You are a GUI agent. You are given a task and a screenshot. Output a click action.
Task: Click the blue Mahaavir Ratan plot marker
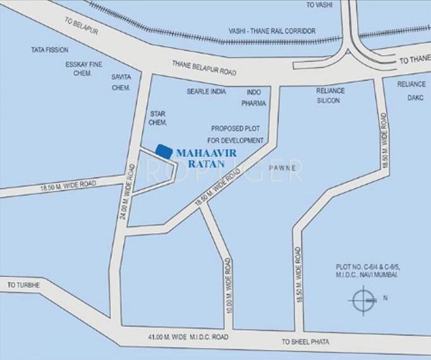[x=164, y=151]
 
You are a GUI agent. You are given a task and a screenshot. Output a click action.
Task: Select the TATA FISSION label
[x=51, y=49]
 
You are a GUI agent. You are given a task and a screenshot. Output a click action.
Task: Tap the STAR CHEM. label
[x=157, y=120]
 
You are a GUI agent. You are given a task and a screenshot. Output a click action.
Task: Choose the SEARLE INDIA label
[x=206, y=91]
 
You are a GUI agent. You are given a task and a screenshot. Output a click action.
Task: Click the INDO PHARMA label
[x=256, y=97]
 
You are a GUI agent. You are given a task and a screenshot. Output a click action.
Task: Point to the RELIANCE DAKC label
[x=411, y=90]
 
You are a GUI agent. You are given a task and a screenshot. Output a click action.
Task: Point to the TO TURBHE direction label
[x=23, y=285]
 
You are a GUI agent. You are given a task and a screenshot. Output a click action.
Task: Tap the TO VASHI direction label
[x=319, y=5]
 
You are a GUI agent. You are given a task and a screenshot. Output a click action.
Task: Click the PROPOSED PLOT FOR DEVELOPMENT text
[x=236, y=132]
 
